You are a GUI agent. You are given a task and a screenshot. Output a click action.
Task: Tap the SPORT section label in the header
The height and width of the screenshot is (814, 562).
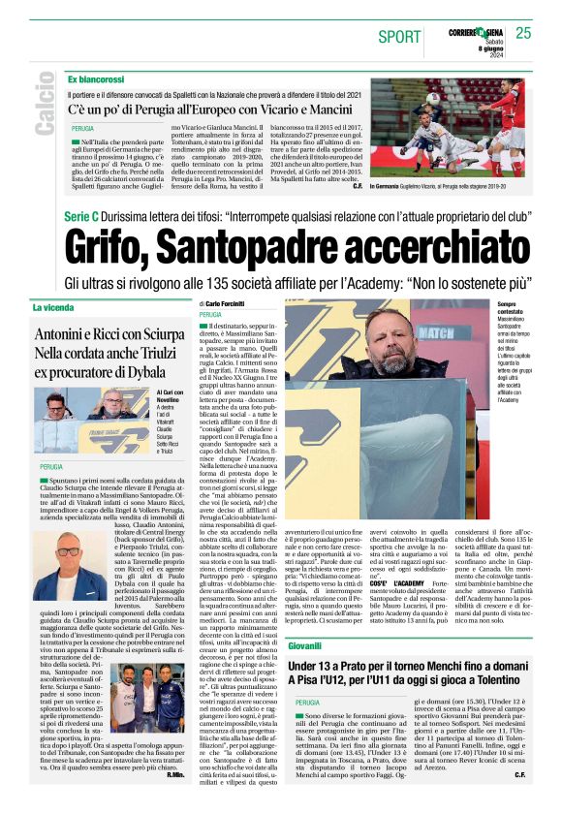399,37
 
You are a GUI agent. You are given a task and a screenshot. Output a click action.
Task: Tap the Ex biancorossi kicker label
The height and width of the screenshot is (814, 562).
96,78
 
